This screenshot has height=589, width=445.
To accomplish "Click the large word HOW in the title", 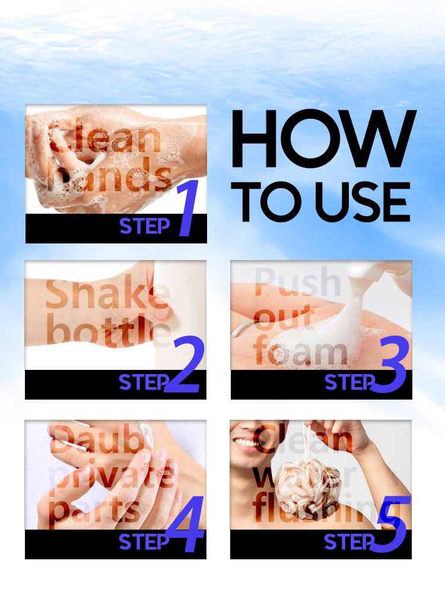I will point(323,141).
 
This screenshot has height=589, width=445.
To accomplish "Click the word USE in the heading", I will point(363,202).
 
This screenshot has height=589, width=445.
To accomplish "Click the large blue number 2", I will point(183,366).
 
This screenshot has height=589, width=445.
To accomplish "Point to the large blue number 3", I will point(389,366).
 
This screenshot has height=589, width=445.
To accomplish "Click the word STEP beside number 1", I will point(145,226).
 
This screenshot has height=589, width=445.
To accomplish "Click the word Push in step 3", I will point(297,283).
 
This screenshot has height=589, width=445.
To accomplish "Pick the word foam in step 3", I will point(300,353).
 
